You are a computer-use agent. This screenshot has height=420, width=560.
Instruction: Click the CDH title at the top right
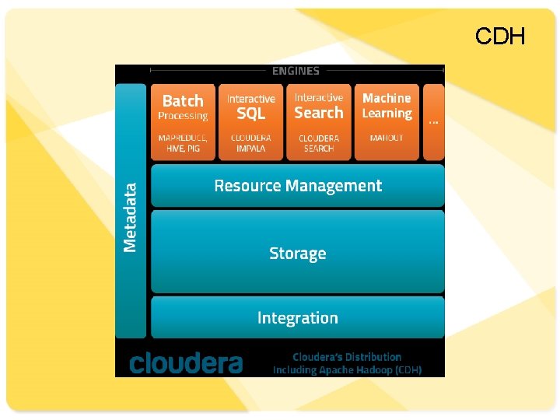[x=500, y=36]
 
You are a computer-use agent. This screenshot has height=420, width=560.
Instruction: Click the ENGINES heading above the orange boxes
[x=296, y=71]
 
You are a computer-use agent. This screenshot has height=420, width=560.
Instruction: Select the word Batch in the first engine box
[x=183, y=100]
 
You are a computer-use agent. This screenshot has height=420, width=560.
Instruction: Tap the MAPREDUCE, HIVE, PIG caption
[x=183, y=142]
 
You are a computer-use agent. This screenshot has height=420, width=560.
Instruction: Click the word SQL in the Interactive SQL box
[x=251, y=114]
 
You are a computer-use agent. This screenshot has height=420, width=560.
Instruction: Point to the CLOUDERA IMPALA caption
[x=251, y=142]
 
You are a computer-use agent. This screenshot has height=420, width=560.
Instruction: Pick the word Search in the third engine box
[x=319, y=113]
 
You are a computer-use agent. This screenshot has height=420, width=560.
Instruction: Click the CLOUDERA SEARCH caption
[x=319, y=142]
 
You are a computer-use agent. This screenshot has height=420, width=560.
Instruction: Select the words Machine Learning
[x=387, y=106]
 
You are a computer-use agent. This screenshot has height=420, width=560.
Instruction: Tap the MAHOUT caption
[x=387, y=138]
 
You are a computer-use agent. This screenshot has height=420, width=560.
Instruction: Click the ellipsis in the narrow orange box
[x=433, y=121]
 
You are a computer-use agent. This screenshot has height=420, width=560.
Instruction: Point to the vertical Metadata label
[x=131, y=217]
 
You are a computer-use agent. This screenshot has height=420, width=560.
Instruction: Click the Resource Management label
[x=298, y=186]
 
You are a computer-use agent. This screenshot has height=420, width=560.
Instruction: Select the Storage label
[x=298, y=254]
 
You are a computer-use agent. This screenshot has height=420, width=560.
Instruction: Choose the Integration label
[x=298, y=317]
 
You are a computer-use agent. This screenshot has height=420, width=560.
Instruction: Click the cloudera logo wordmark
[x=186, y=362]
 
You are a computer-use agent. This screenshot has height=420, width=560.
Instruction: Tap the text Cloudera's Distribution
[x=347, y=357]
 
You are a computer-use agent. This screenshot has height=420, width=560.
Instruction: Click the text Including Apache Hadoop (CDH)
[x=347, y=370]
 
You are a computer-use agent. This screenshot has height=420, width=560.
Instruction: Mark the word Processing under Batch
[x=183, y=116]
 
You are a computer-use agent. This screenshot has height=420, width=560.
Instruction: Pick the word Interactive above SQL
[x=251, y=99]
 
